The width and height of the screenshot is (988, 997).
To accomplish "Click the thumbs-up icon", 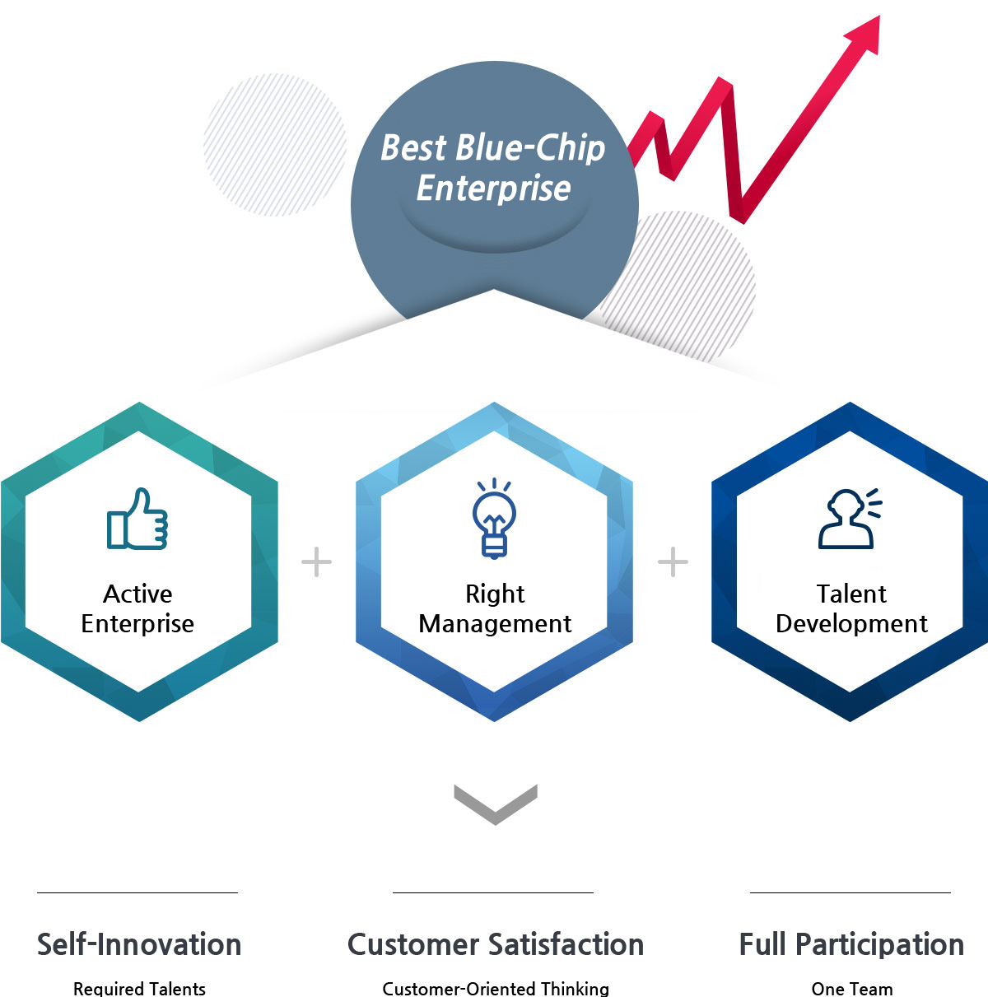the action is pos(137,519).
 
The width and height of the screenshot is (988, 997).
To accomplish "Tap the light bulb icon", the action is pos(494,518).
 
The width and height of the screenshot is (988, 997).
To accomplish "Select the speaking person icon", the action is pos(850,518).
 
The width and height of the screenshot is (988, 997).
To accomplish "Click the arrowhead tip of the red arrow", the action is pos(879,16).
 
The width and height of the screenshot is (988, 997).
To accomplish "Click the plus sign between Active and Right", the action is pos(316,561).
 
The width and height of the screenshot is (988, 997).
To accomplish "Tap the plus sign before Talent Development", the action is pos(673,561).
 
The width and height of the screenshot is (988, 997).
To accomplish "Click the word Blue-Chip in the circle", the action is pos(530,148).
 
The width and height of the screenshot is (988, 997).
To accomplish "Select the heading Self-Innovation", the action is pos(139,944).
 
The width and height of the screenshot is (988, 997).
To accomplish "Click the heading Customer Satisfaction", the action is pos(496,944).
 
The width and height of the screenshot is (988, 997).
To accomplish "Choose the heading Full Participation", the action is pos(851,944).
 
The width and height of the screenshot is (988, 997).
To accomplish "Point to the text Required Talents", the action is pos(139,988).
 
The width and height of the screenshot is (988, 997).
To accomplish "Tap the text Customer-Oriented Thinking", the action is pos(496,988).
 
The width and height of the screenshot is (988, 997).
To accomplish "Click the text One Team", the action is pos(852,988).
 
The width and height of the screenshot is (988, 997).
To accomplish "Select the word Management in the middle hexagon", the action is pos(495,624).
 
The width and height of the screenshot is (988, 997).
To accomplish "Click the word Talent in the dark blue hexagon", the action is pos(851,594).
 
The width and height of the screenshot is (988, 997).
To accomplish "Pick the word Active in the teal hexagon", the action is pos(137,594).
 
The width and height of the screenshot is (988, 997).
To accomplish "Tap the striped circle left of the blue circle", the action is pos(275,144).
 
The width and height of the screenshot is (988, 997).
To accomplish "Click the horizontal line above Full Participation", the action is pos(851,892).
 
